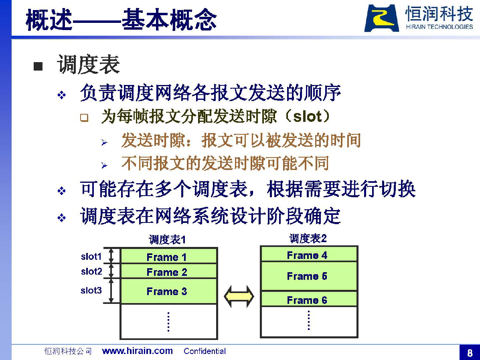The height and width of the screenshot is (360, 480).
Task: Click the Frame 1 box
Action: coord(169,256)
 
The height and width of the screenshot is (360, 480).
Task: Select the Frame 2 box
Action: coord(169,271)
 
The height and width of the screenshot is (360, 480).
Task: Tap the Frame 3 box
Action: coord(169,291)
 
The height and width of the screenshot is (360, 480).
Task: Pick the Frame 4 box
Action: coord(309,254)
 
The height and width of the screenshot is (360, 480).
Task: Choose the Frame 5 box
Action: coord(309,276)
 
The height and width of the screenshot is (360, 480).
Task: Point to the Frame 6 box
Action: coord(309,299)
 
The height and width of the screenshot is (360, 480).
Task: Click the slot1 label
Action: coord(91,257)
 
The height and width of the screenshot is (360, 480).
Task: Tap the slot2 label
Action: coord(91,271)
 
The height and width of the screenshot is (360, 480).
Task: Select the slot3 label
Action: coord(91,290)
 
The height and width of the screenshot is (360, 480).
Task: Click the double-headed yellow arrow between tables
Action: coord(239,297)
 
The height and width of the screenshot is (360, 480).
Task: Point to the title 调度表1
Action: coord(167,239)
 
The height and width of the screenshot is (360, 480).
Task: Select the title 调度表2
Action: coord(308,239)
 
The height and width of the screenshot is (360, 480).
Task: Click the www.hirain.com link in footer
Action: coord(138,351)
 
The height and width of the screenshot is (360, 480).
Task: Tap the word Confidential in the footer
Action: coord(205,351)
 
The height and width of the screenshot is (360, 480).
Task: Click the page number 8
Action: coord(470,353)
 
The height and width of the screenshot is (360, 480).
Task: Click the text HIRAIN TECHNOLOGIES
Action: coord(439,27)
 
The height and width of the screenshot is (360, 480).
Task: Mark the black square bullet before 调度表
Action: coord(38,66)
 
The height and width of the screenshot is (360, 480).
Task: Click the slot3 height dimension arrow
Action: coord(111,291)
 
